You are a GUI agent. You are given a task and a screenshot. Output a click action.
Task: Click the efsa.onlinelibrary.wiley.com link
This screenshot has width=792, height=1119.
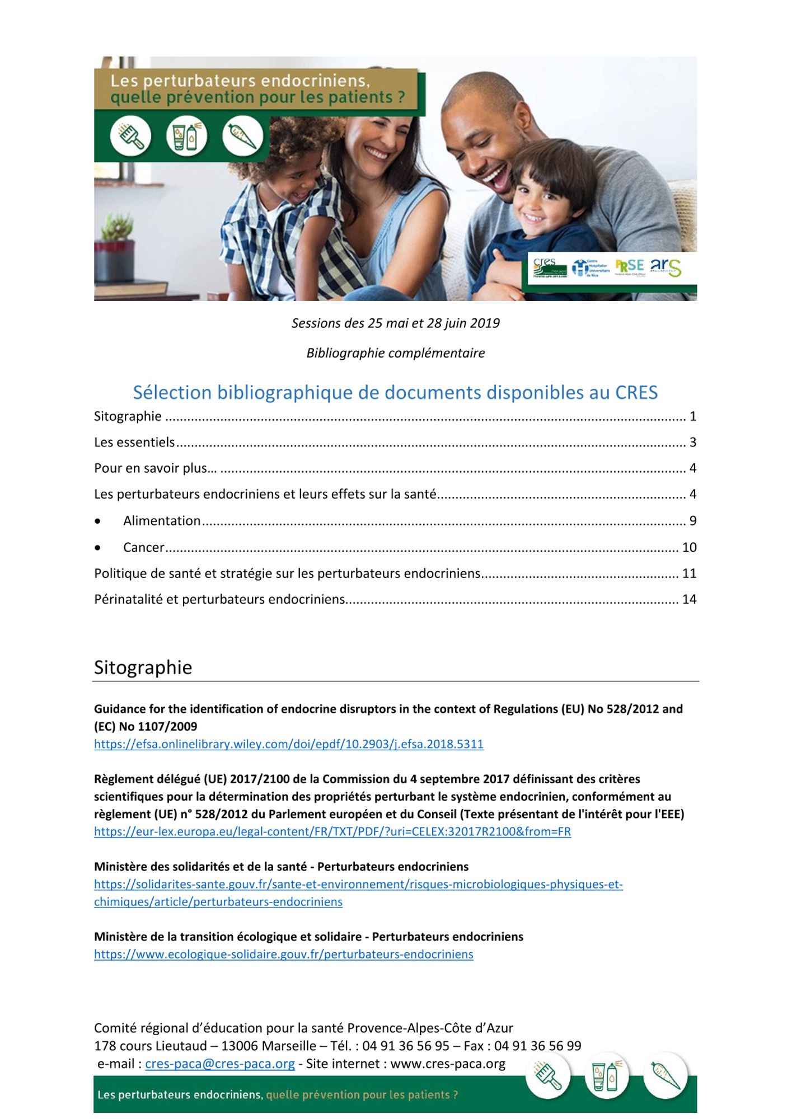coord(288,744)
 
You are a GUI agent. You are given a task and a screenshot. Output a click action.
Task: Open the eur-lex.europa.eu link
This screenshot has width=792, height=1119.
coord(332,831)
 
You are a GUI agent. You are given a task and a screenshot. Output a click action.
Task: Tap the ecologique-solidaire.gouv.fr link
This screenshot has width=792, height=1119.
coord(283,955)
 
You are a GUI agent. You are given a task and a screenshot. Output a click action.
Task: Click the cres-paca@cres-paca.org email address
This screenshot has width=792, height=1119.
coord(219,1064)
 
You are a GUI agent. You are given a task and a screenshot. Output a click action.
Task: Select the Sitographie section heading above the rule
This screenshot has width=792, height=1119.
coord(143,667)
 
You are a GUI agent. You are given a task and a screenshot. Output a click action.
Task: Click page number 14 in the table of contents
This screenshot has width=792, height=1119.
coord(689,599)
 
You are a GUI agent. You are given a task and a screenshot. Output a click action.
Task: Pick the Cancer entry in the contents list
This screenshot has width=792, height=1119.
coord(144,547)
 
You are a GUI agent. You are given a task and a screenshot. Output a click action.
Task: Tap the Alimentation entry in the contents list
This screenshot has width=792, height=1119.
coord(162,521)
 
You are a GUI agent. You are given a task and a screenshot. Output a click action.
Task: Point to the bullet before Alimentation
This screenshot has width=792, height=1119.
coord(98,521)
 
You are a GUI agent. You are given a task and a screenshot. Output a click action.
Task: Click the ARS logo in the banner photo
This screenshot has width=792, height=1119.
coord(666,267)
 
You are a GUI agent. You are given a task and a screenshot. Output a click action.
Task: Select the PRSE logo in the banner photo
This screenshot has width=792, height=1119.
coord(630,266)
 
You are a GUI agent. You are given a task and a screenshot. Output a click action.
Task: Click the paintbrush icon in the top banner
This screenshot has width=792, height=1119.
coord(130,136)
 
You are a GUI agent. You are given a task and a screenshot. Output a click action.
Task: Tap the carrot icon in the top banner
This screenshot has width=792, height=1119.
coord(242,136)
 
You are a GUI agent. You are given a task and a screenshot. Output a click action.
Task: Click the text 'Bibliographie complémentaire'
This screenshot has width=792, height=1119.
coord(395,353)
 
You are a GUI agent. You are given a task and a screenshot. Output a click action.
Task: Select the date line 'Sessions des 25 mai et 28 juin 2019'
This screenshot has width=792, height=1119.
coord(395,323)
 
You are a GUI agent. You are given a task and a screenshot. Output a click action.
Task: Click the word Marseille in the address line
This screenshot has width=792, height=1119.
coord(289,1046)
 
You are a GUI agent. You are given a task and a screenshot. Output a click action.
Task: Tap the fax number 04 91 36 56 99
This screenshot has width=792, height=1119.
coord(537,1046)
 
